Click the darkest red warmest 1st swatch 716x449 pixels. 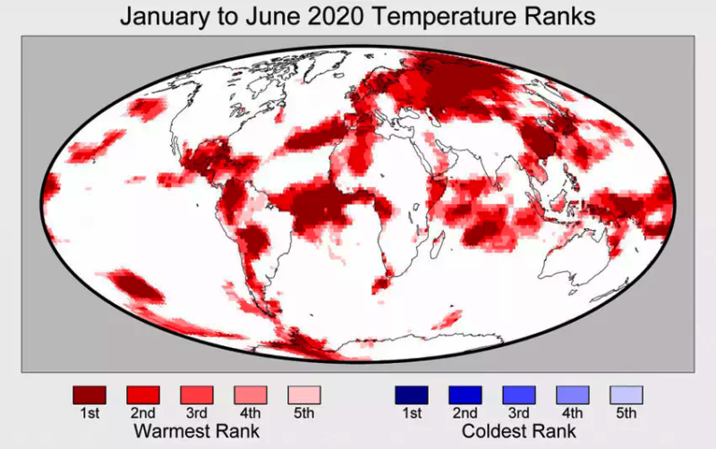pyautogui.click(x=89, y=394)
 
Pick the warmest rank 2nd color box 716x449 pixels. pyautogui.click(x=143, y=394)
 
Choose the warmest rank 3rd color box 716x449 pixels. pyautogui.click(x=197, y=394)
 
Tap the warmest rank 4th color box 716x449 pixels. pyautogui.click(x=251, y=394)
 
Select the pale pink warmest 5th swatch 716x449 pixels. pyautogui.click(x=304, y=394)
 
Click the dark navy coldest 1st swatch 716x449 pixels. pyautogui.click(x=412, y=394)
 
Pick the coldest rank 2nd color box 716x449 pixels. pyautogui.click(x=465, y=394)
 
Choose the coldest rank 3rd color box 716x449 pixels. pyautogui.click(x=519, y=394)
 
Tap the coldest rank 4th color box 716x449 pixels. pyautogui.click(x=573, y=394)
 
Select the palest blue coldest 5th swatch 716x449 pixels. pyautogui.click(x=626, y=394)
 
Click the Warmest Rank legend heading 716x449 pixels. pyautogui.click(x=196, y=432)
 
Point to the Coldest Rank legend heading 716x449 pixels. pyautogui.click(x=519, y=432)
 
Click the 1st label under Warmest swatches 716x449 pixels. pyautogui.click(x=89, y=413)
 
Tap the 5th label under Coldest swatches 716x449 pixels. pyautogui.click(x=626, y=413)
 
